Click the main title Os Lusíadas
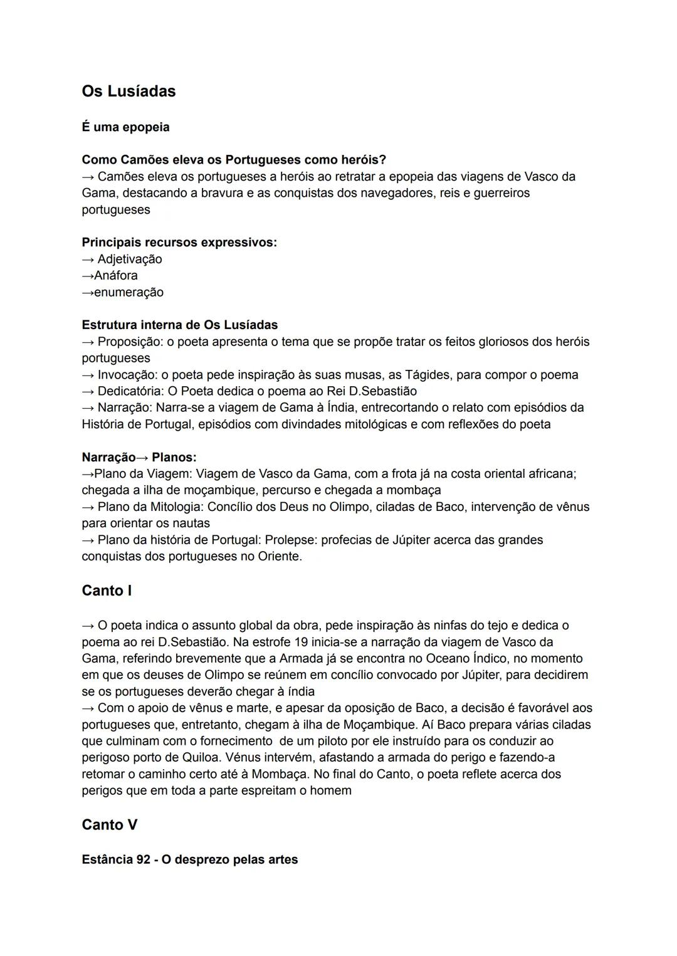click(129, 92)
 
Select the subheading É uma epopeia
click(125, 127)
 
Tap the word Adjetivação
click(130, 259)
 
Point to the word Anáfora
click(116, 275)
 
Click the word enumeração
click(129, 292)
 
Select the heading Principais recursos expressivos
click(179, 242)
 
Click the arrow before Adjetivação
click(88, 259)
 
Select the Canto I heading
click(107, 591)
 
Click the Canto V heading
click(109, 825)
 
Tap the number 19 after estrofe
click(301, 642)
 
